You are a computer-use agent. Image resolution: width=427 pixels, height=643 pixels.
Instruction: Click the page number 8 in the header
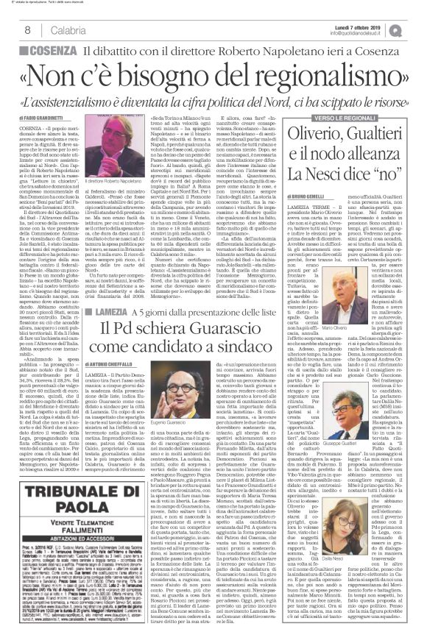27,29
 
